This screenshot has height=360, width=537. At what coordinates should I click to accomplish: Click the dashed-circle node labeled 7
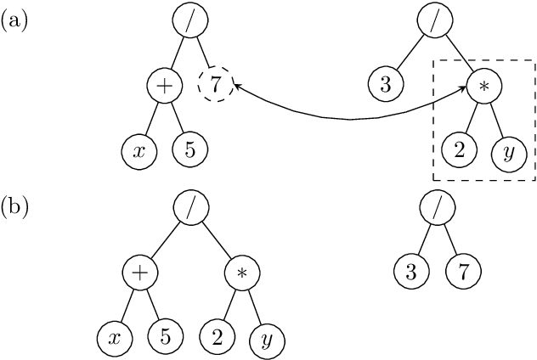(214, 85)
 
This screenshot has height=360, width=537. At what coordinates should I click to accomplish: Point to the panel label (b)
(14, 206)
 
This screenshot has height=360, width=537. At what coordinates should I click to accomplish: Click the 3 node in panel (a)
(385, 85)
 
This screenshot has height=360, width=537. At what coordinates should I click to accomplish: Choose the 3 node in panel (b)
(410, 272)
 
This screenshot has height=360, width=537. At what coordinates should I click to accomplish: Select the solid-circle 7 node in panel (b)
(463, 272)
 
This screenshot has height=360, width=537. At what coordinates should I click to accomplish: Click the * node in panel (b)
(241, 273)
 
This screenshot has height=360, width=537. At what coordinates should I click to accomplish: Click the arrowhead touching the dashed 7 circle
(235, 87)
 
